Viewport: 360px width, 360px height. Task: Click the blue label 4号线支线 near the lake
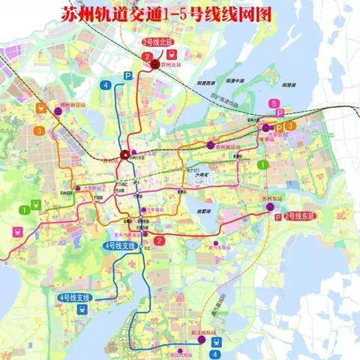[x=73, y=298]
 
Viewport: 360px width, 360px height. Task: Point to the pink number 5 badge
[x=276, y=103]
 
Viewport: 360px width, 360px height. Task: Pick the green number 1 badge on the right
[x=262, y=163]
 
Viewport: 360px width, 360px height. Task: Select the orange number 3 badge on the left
[x=37, y=130]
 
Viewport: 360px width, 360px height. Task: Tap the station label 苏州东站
[x=272, y=197]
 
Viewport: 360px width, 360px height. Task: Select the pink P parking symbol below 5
[x=280, y=114]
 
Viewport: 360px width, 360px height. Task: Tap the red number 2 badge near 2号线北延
[x=148, y=55]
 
